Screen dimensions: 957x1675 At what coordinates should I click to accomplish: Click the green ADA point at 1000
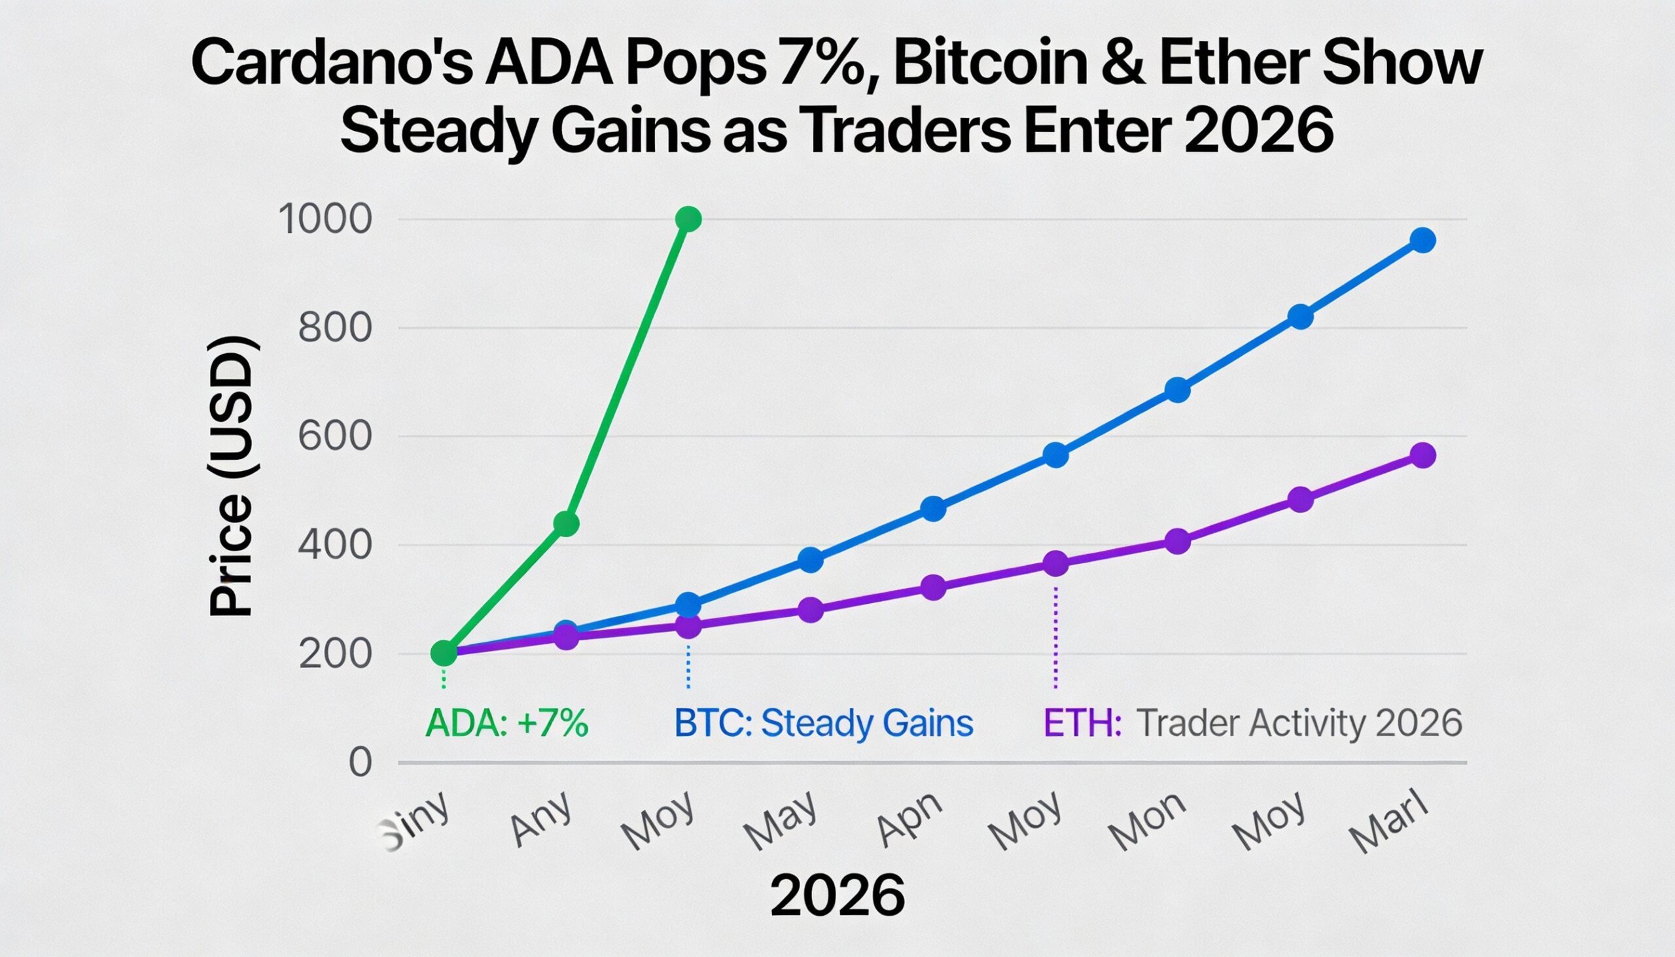tap(688, 218)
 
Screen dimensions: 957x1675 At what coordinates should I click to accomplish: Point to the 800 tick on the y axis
tap(335, 328)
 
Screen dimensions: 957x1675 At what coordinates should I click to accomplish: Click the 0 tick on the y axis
tap(361, 764)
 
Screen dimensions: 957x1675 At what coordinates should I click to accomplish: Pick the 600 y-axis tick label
tap(335, 436)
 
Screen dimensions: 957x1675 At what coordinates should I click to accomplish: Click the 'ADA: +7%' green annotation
tap(507, 723)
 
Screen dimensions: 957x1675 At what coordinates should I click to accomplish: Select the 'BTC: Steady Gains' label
tap(824, 723)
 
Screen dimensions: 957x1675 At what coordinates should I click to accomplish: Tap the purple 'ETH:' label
tap(1082, 723)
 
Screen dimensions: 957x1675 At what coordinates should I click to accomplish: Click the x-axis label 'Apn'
tap(911, 819)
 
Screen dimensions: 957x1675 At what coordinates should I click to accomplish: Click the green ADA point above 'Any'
tap(566, 524)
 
